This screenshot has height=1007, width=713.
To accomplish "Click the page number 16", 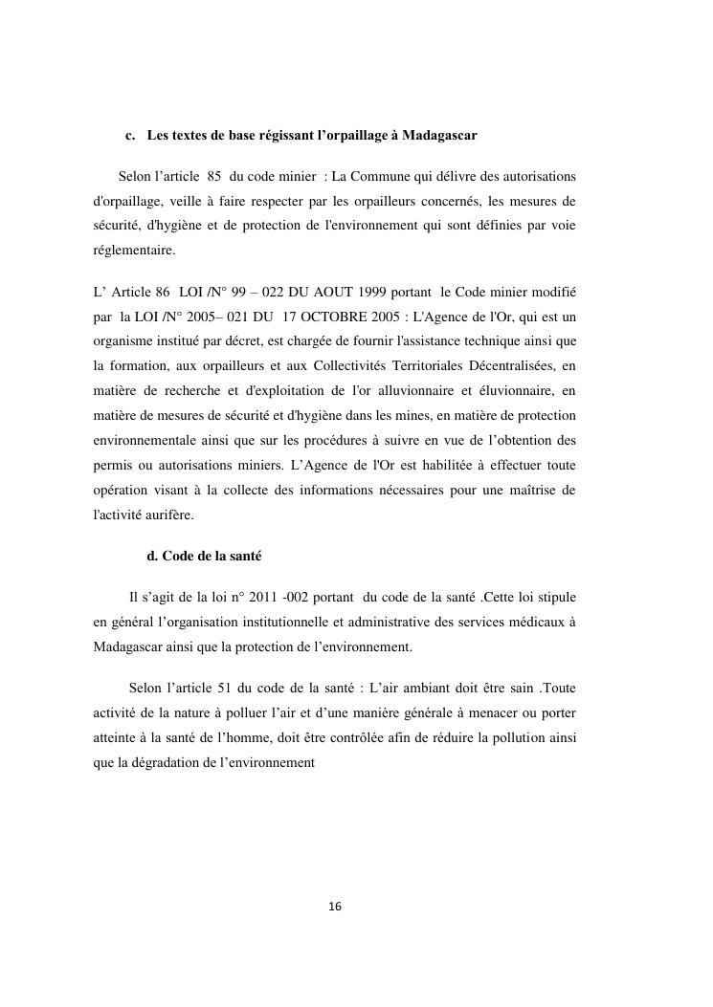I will tap(334, 907).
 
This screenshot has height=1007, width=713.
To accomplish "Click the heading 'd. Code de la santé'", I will tap(203, 556).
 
